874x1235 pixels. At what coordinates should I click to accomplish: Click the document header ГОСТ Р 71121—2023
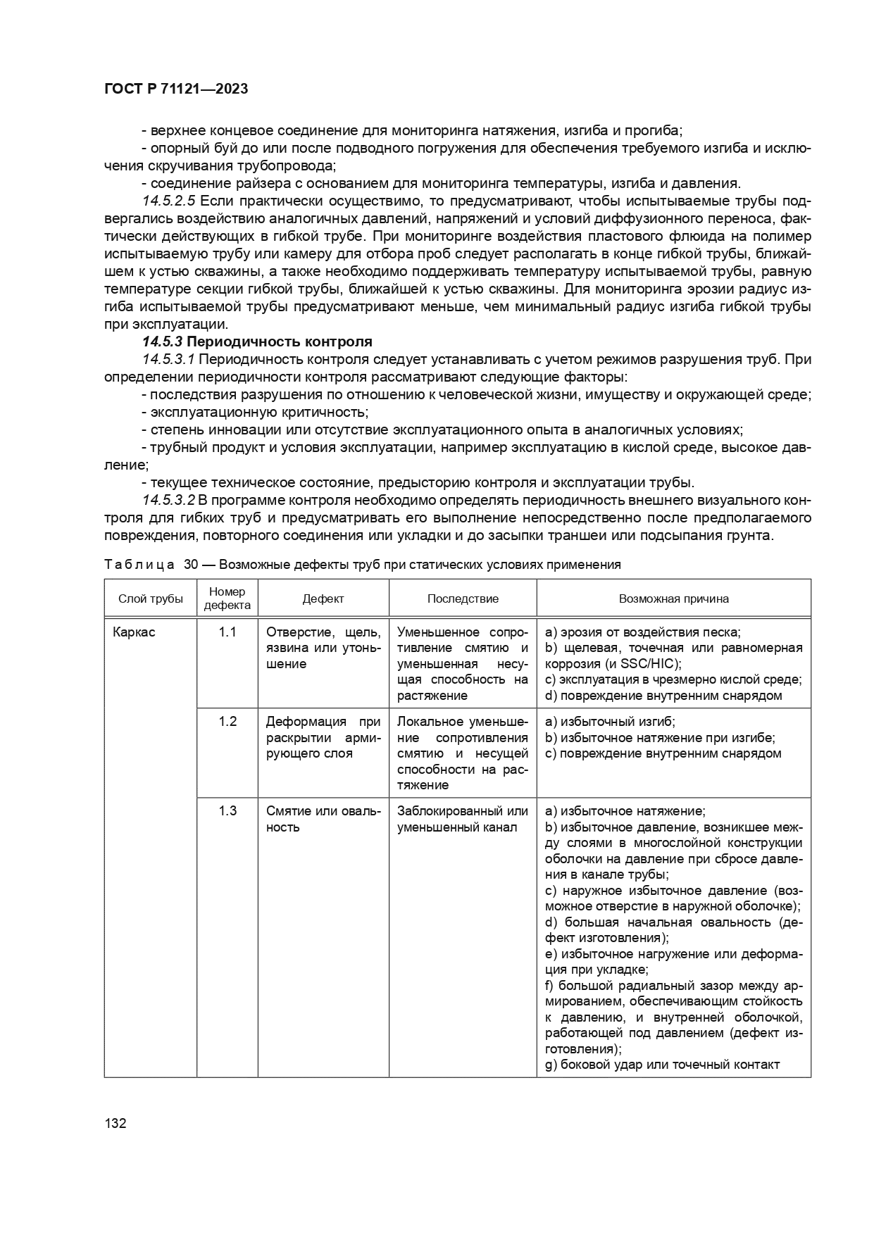(x=176, y=89)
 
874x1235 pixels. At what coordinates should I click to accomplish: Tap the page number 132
(x=115, y=1123)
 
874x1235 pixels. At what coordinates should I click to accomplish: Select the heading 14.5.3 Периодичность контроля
(x=257, y=341)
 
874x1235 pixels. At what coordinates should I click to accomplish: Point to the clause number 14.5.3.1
(x=169, y=359)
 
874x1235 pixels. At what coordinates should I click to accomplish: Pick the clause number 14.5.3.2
(x=169, y=500)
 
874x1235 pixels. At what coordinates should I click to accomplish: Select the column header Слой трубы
(x=150, y=598)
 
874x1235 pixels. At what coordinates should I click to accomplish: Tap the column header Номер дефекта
(x=227, y=598)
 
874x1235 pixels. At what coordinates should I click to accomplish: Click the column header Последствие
(x=463, y=598)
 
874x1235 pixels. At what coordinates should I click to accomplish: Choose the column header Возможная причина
(x=673, y=598)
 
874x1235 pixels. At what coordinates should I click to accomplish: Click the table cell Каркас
(x=134, y=632)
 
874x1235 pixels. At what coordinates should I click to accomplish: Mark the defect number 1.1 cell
(x=227, y=632)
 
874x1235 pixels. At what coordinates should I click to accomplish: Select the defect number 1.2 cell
(x=227, y=721)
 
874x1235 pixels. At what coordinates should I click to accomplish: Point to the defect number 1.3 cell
(x=227, y=810)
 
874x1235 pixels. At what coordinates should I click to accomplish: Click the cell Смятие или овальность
(x=323, y=818)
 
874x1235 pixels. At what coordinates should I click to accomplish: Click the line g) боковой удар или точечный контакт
(x=662, y=1064)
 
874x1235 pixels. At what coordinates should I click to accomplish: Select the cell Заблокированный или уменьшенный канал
(x=462, y=818)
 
